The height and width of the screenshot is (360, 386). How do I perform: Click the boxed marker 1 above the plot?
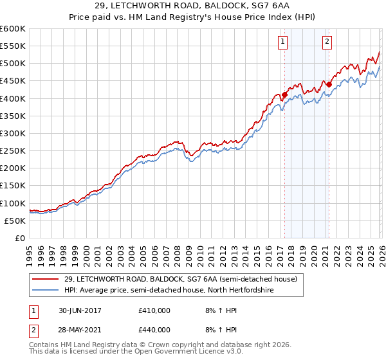coord(283,42)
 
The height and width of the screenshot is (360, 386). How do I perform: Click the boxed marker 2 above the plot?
coord(327,42)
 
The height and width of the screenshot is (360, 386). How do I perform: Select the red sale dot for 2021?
coord(329,84)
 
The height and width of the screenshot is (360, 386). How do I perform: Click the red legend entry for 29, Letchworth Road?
coord(180,279)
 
